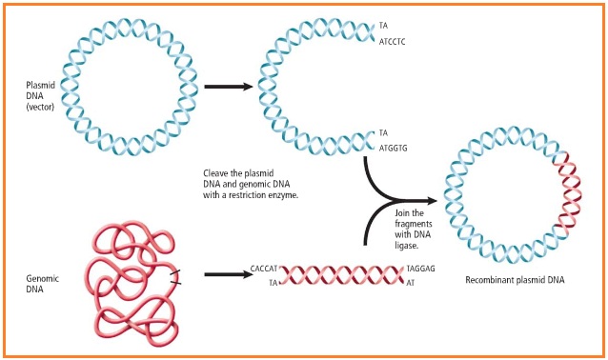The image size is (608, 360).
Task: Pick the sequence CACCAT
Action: click(263, 270)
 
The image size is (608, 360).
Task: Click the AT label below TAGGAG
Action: click(411, 284)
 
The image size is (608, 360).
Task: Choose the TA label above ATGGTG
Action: click(383, 132)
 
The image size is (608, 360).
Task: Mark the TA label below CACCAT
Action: click(274, 284)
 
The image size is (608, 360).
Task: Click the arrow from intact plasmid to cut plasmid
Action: click(229, 86)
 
